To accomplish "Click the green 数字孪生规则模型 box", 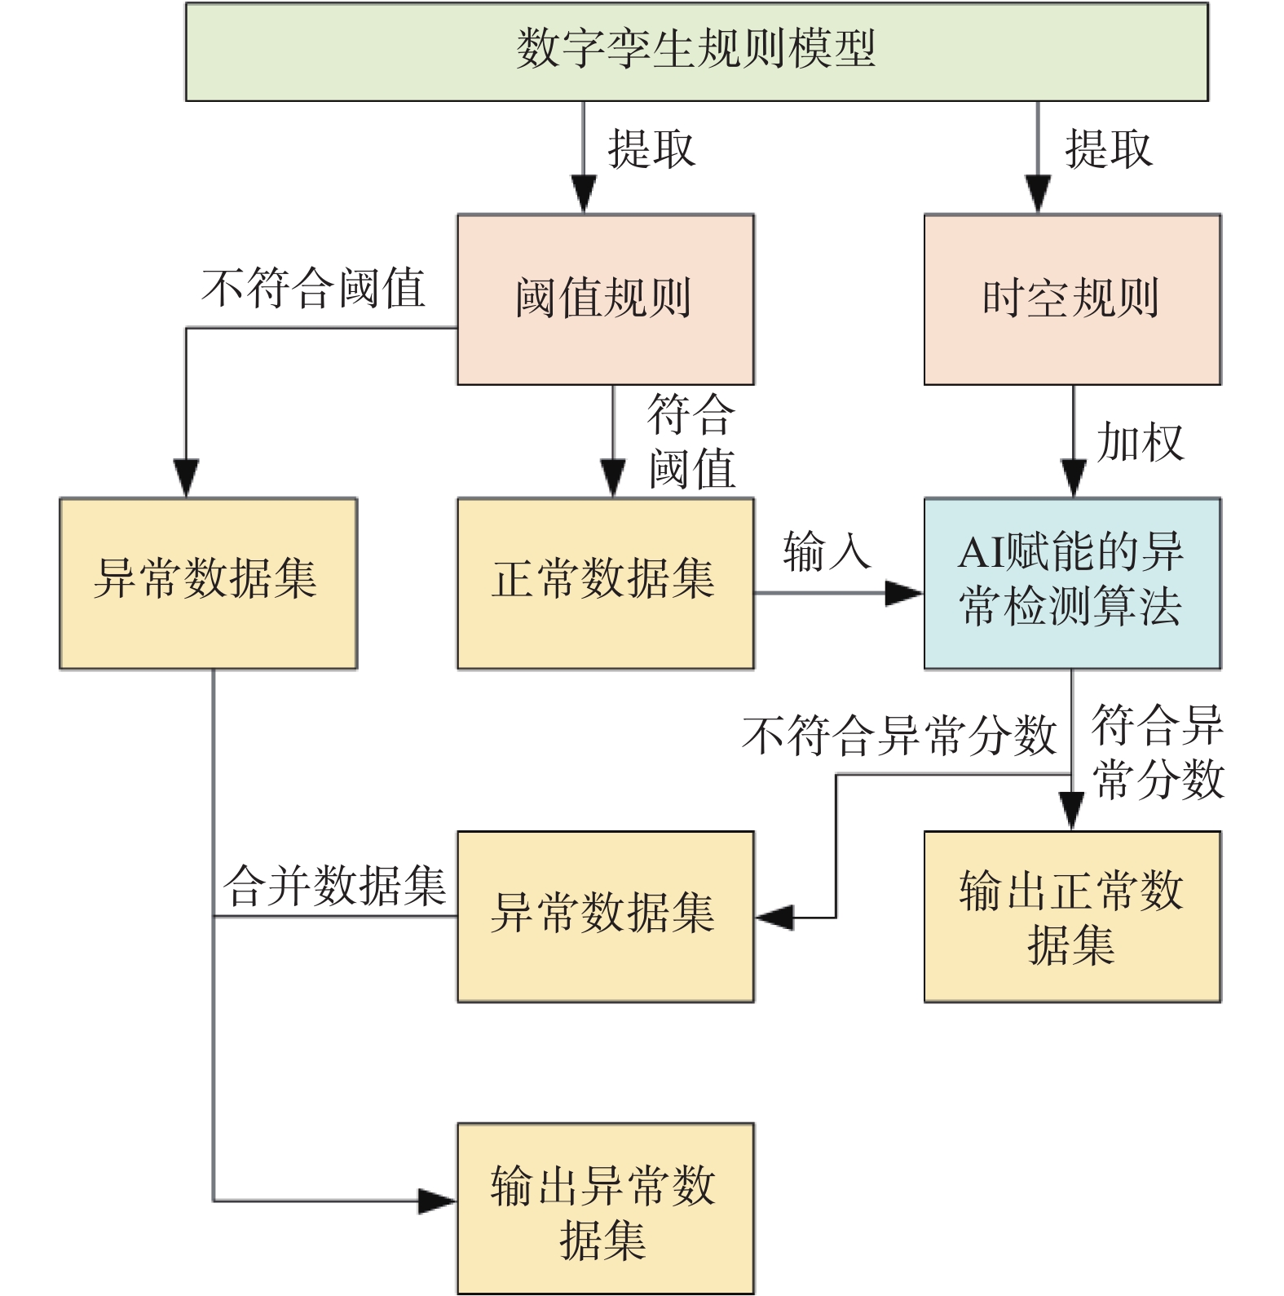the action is [x=697, y=52].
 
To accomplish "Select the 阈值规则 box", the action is [x=606, y=299].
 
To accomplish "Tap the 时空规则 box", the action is [x=1072, y=299].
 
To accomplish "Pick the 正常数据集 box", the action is [x=606, y=583].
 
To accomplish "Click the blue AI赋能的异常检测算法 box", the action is [x=1072, y=583].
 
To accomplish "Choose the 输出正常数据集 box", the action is [x=1072, y=917].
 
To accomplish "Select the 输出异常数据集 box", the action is [x=606, y=1209].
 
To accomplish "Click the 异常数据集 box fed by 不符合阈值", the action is [x=209, y=583].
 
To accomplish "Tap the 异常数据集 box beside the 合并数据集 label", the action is [x=606, y=917].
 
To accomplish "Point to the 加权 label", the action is [x=1140, y=442].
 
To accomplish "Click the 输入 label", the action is [x=827, y=551].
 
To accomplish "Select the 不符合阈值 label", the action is [x=314, y=288].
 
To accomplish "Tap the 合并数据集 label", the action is [x=335, y=886].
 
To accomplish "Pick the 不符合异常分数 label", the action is [x=900, y=734].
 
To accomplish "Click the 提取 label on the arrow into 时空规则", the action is [x=1109, y=148].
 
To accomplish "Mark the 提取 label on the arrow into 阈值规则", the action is [x=651, y=148].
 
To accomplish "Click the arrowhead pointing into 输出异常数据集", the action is [x=438, y=1201].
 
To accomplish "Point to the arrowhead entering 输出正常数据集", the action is [x=1071, y=811].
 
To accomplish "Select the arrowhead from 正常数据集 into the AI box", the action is [x=904, y=593].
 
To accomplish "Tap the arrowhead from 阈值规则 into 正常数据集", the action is [x=613, y=478].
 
